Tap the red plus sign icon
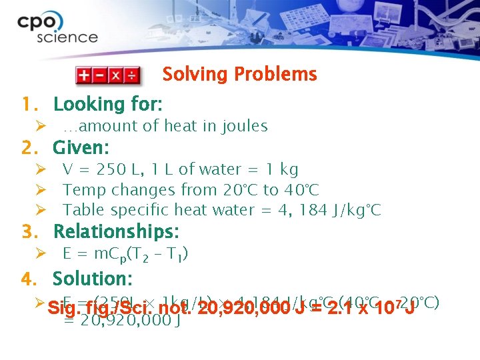pos(85,75)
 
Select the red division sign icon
pos(132,75)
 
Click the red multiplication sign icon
pos(116,75)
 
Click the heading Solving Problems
pos(239,74)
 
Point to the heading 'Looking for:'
pos(107,104)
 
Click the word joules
pos(243,126)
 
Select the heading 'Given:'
pos(81,147)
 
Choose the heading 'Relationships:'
pos(115,232)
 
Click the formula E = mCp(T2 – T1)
pos(125,254)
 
